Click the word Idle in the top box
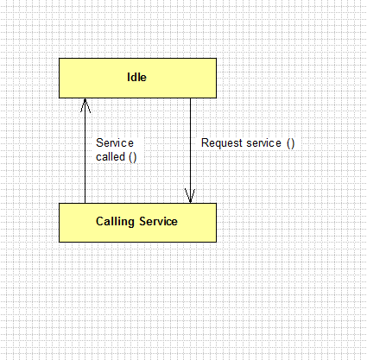coord(136,77)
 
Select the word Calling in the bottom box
coord(115,222)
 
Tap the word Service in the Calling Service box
coord(158,221)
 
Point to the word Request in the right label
coord(222,143)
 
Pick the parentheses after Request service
coord(291,143)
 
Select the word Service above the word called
coord(115,143)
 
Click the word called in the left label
coord(111,157)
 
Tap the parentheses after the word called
coord(133,157)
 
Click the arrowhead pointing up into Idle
coord(85,105)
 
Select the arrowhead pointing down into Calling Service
coord(190,196)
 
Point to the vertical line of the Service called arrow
coord(85,151)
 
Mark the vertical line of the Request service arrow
coord(190,151)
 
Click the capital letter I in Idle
coord(129,77)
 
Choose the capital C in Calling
coord(99,221)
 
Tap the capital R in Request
coord(205,143)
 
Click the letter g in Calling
coord(131,223)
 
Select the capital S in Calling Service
coord(143,221)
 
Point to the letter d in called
coord(122,157)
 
